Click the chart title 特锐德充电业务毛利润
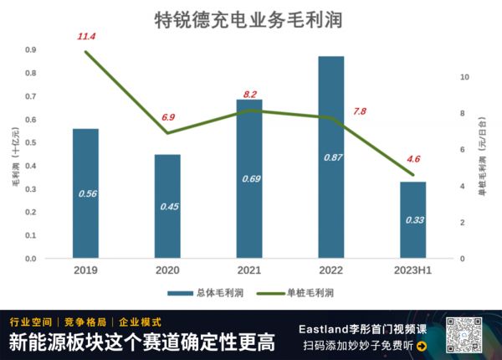pos(248,20)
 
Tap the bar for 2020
pos(167,206)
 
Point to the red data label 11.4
pos(86,37)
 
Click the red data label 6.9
pos(167,117)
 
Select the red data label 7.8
pos(360,111)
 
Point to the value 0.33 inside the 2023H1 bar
pos(412,220)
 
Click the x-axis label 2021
pos(249,270)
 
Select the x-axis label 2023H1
pos(412,270)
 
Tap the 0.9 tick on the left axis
pos(30,50)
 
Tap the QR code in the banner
pos(465,336)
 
